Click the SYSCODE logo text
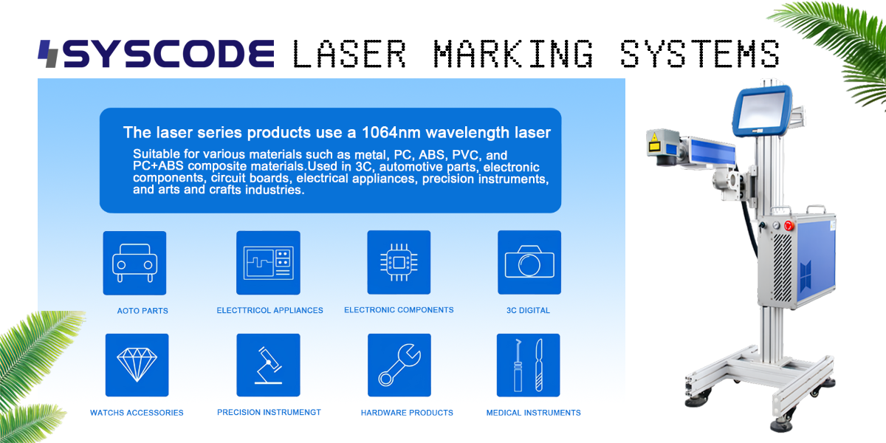coord(168,54)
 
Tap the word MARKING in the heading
coord(513,54)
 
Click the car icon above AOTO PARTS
coord(134,263)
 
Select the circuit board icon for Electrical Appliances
coord(268,263)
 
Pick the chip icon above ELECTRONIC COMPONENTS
coord(399,263)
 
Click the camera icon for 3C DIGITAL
coord(529,263)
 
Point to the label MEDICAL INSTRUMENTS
coord(533,413)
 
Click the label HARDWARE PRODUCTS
coord(407,413)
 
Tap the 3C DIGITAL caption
coord(528,311)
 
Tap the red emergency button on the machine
coord(788,224)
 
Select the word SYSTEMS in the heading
coord(700,54)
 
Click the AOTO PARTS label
coord(142,311)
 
